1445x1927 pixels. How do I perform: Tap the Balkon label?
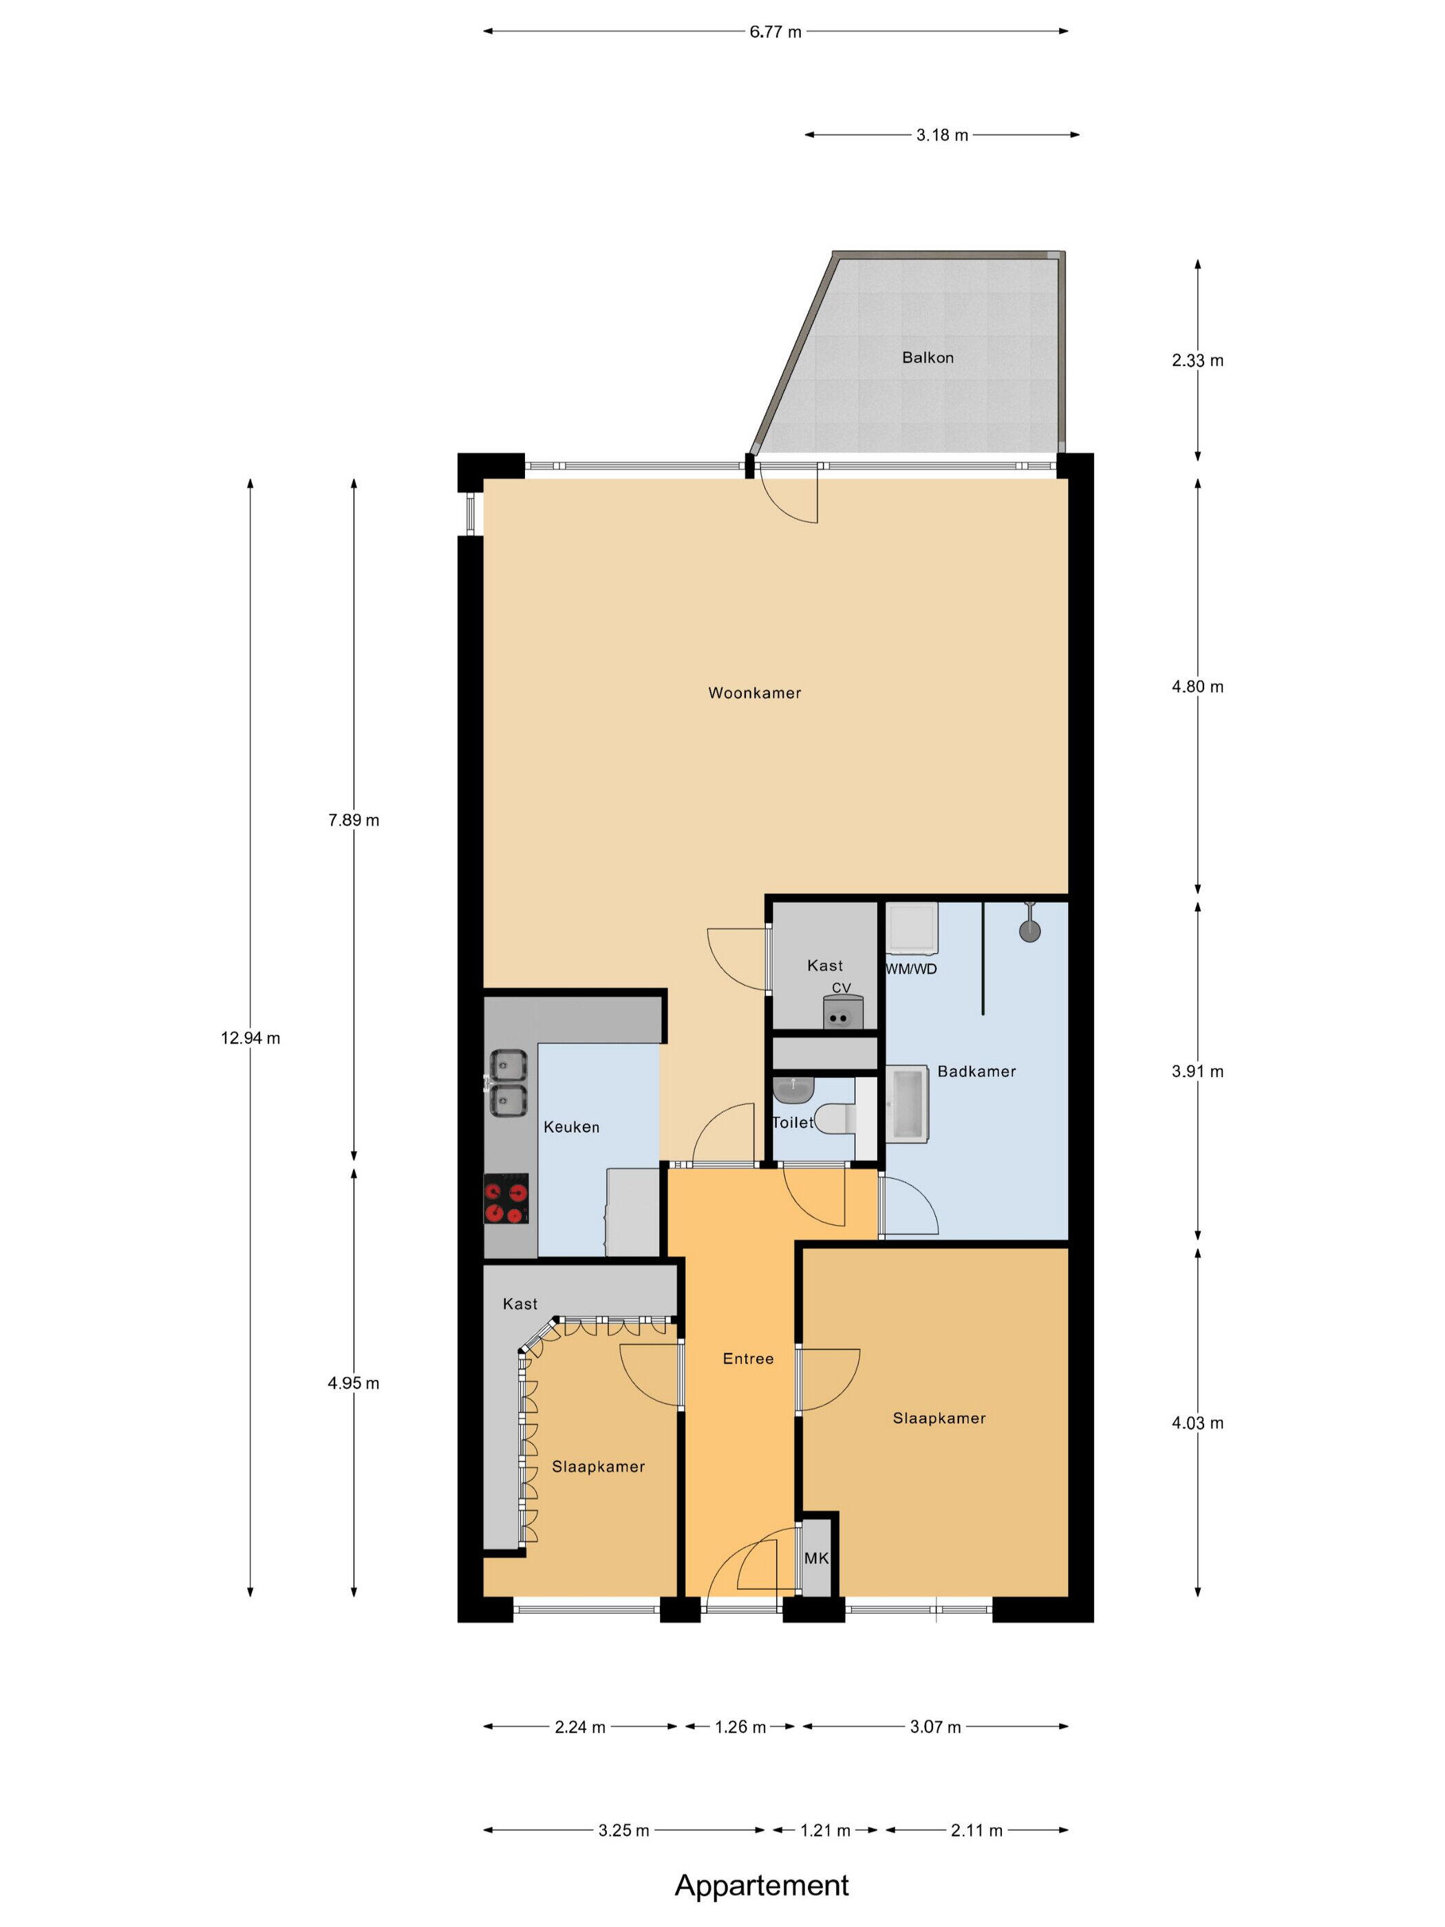click(x=928, y=358)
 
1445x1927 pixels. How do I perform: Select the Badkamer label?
click(x=976, y=1072)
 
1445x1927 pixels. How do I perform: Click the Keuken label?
click(x=571, y=1127)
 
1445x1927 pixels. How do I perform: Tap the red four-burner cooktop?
click(x=506, y=1199)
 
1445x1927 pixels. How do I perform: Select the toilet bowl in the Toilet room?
click(x=839, y=1118)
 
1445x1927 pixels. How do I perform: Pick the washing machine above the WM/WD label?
click(x=911, y=928)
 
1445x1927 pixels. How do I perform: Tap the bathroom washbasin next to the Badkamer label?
click(x=907, y=1104)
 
